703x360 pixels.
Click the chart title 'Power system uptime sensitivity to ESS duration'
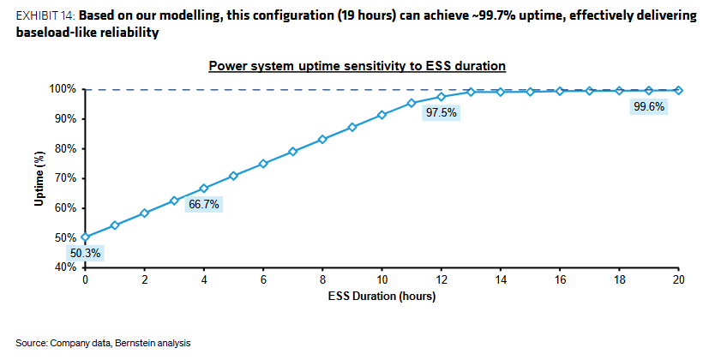click(358, 66)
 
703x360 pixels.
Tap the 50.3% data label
click(85, 254)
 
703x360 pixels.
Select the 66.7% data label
click(204, 205)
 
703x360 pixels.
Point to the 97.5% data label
click(442, 112)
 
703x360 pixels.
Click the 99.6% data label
click(649, 106)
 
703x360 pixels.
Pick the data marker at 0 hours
click(85, 237)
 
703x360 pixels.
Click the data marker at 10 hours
click(382, 115)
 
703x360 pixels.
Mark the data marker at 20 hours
click(678, 90)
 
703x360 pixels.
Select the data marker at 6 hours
click(263, 164)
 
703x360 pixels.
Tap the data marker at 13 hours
click(471, 92)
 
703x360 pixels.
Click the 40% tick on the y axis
click(66, 267)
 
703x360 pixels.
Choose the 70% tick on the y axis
click(66, 178)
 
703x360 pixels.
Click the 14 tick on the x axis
click(501, 279)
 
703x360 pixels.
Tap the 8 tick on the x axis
click(322, 279)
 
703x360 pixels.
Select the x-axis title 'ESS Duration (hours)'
click(382, 297)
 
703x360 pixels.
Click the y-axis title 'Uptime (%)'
click(39, 178)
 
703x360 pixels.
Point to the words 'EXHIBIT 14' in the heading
click(45, 16)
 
